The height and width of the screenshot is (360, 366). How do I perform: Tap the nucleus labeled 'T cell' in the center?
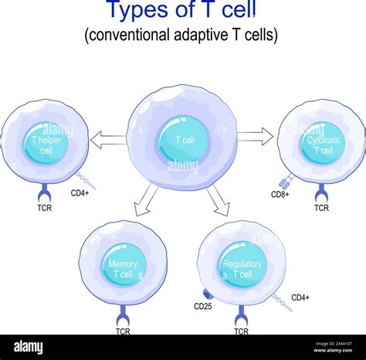coord(183,140)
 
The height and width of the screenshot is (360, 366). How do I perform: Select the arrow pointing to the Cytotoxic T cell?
coord(256,138)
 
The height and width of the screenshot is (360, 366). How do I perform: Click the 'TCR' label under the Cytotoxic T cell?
coord(321,208)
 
